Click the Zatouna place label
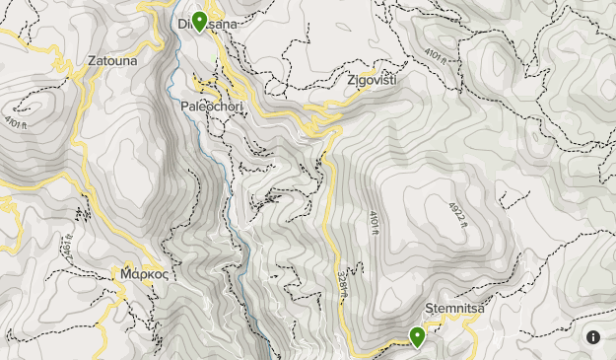point(112,60)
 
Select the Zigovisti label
point(371,80)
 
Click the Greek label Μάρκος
point(143,273)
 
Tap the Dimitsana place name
point(207,24)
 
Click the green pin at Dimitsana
point(199,21)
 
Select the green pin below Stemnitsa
point(417,337)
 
